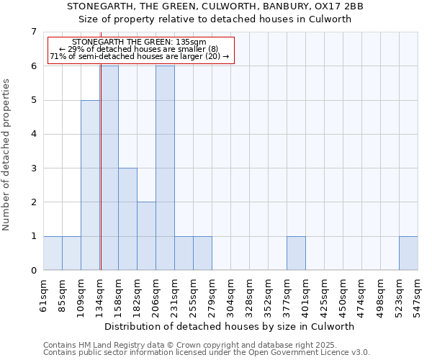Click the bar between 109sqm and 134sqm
pyautogui.click(x=90, y=185)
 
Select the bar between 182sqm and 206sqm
pyautogui.click(x=146, y=236)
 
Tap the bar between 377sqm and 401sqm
pyautogui.click(x=296, y=253)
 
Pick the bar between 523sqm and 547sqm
pyautogui.click(x=408, y=253)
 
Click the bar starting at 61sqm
pyautogui.click(x=53, y=253)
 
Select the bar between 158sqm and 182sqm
pyautogui.click(x=127, y=219)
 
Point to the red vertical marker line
pyautogui.click(x=101, y=166)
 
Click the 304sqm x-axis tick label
pyautogui.click(x=230, y=296)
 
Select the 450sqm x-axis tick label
pyautogui.click(x=343, y=296)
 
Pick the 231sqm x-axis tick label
pyautogui.click(x=174, y=296)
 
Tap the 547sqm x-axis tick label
pyautogui.click(x=418, y=296)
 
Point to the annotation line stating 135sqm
pyautogui.click(x=140, y=42)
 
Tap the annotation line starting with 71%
pyautogui.click(x=140, y=56)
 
